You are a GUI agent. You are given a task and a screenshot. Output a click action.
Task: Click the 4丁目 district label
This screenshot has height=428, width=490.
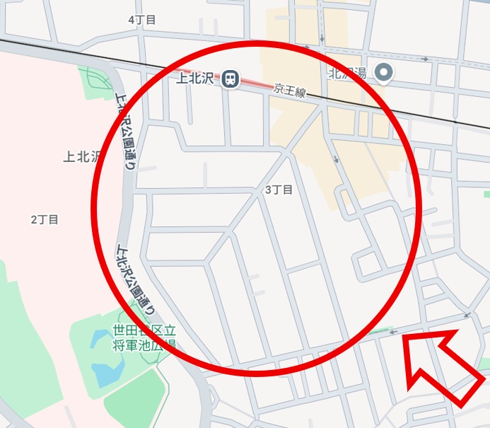tap(141, 20)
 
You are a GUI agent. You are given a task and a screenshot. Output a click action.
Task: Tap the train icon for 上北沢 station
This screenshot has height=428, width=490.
tap(230, 79)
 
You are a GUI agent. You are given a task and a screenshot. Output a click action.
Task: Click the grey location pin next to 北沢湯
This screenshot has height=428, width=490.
tap(384, 72)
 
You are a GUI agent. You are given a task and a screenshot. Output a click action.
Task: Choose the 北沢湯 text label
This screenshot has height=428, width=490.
tap(346, 73)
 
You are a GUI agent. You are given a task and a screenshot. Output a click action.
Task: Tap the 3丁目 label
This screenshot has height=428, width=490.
tap(278, 190)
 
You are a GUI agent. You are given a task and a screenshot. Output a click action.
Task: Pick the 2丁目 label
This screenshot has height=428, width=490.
tap(45, 219)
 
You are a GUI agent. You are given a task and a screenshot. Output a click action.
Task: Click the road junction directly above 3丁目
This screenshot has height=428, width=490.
tap(284, 151)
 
